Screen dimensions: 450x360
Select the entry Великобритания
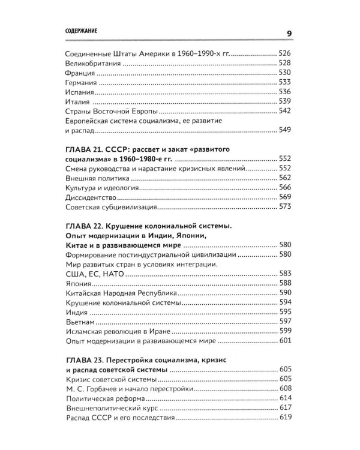(91, 63)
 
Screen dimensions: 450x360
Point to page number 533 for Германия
(285, 82)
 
